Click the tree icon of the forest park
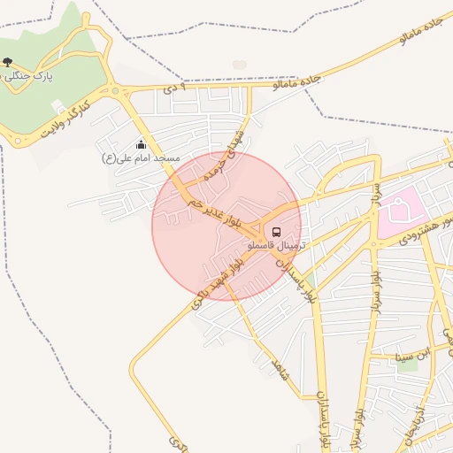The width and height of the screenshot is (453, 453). [x=8, y=62]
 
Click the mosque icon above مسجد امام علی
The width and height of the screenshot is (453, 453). [x=142, y=145]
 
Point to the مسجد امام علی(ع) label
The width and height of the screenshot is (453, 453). [x=142, y=157]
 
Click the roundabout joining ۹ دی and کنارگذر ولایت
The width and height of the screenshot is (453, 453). [x=115, y=89]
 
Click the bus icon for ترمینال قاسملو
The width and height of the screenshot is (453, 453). [x=277, y=233]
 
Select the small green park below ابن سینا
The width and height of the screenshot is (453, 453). [x=410, y=365]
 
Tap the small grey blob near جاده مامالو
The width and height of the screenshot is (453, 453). [x=240, y=65]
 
